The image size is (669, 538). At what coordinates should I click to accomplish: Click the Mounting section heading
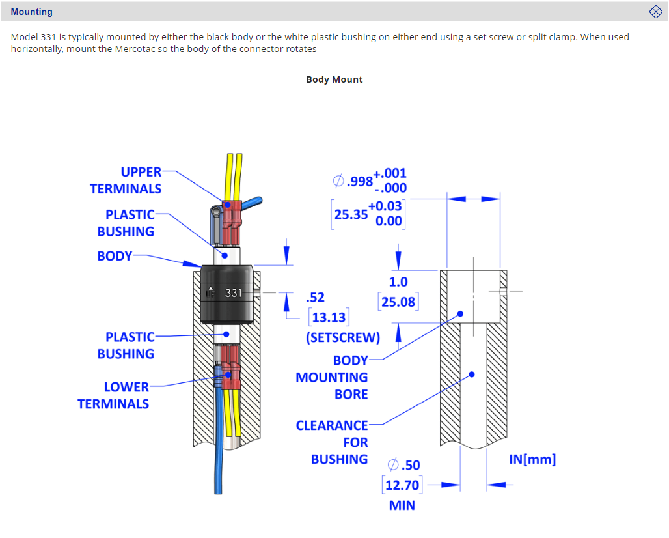tap(32, 12)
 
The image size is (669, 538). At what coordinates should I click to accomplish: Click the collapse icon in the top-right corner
tap(656, 11)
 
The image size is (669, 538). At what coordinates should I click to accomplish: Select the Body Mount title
tap(334, 79)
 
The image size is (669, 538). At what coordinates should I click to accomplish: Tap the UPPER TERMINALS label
tap(126, 180)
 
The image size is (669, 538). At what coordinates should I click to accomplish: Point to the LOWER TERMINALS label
tap(113, 395)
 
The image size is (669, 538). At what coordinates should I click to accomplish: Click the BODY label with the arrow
tap(115, 256)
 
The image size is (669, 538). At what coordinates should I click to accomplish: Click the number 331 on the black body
tap(234, 293)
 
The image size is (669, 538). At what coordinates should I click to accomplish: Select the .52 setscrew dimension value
tap(315, 298)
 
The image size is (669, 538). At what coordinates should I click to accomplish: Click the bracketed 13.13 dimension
tap(329, 318)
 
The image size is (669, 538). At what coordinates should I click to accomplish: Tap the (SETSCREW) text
tap(343, 337)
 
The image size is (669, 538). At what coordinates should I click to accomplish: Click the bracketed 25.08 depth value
tap(398, 302)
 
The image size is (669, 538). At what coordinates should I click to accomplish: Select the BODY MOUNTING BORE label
tap(332, 377)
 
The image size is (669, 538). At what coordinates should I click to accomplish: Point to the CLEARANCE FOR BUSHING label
tap(332, 442)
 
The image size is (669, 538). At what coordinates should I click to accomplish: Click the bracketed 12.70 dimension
tap(402, 485)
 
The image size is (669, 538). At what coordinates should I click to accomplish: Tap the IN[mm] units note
tap(532, 459)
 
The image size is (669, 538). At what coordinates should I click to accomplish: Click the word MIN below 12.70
tap(402, 505)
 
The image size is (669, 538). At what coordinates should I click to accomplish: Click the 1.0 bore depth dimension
tap(398, 282)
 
